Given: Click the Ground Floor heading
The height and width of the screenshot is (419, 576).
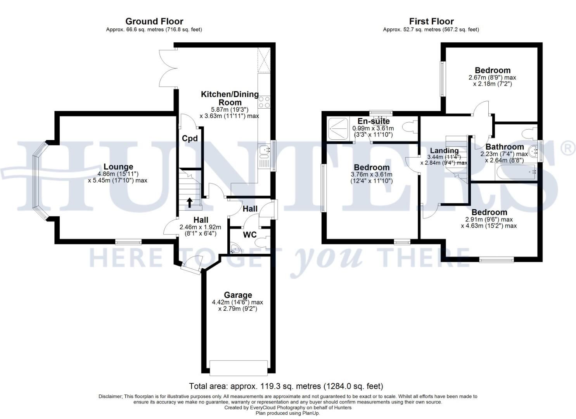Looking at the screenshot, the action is (154, 21).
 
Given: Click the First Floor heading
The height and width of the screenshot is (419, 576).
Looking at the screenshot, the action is (431, 21).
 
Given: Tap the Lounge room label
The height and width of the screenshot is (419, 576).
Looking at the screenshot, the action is (118, 167).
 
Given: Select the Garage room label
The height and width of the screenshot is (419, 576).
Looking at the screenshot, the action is (238, 295).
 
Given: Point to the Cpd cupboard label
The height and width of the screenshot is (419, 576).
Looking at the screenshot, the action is (190, 139).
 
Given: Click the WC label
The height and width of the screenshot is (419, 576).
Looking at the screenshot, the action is (250, 235).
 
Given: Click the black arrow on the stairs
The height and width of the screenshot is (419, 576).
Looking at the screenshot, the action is (190, 203).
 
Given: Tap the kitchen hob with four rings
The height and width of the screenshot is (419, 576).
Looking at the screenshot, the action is (264, 102).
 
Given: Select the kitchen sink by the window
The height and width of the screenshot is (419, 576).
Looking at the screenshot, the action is (264, 152).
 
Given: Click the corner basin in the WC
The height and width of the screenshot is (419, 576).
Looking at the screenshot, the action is (235, 248).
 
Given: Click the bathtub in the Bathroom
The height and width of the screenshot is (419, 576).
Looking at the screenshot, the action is (516, 172).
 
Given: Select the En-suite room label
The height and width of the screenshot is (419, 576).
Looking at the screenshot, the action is (374, 121).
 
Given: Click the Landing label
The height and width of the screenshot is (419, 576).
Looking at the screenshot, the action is (445, 151).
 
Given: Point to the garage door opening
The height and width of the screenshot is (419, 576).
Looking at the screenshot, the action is (239, 368).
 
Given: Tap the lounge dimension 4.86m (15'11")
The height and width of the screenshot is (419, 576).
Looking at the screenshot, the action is (118, 174).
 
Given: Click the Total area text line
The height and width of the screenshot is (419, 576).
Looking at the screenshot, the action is (286, 386).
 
